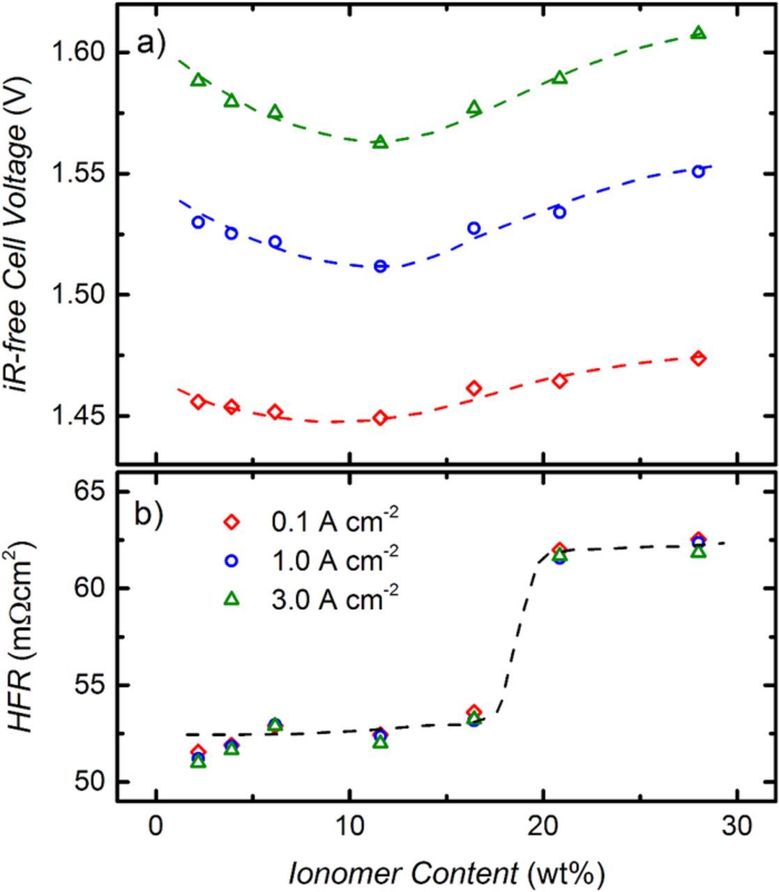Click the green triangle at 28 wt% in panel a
(x=698, y=33)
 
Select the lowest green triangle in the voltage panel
(x=380, y=142)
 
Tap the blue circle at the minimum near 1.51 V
(x=380, y=266)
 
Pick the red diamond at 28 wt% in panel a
(x=698, y=358)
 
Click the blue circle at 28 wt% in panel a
(x=698, y=171)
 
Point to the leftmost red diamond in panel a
(x=198, y=401)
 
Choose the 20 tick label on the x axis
(x=543, y=826)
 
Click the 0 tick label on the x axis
(x=156, y=826)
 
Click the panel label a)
(x=152, y=44)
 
